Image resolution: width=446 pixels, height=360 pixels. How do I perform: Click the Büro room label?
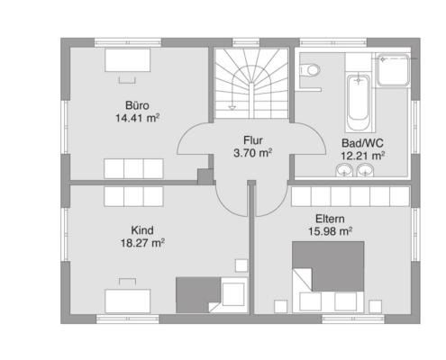coord(137,105)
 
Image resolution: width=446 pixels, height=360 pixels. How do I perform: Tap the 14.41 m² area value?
coord(137,118)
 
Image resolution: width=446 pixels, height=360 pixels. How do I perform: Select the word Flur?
coord(253,140)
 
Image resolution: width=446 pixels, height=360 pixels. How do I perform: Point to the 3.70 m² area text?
coord(253,153)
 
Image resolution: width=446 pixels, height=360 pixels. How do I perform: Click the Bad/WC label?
coord(362,143)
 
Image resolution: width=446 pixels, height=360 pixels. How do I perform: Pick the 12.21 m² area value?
coord(362,156)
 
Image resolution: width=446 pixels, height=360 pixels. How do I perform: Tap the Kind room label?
coord(142,230)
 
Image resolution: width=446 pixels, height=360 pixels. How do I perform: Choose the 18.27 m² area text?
coord(142,243)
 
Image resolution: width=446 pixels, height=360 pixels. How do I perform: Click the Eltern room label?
coord(330,219)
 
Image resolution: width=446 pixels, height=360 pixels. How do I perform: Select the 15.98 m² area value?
coord(330,231)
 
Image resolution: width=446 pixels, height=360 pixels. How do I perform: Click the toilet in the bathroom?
coord(309,70)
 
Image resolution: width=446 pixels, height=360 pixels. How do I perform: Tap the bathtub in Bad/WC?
coord(359,103)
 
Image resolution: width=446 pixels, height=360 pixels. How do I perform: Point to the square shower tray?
coord(393,70)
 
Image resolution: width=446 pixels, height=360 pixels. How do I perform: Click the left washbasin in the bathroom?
coord(344,170)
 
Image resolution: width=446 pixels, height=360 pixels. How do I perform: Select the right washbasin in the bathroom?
coord(365,170)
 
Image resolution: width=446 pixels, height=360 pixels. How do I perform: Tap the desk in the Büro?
coord(127,60)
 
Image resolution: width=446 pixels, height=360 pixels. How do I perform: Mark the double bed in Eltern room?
coord(328,277)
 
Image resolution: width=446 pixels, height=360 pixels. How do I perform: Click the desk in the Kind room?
coord(127,301)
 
